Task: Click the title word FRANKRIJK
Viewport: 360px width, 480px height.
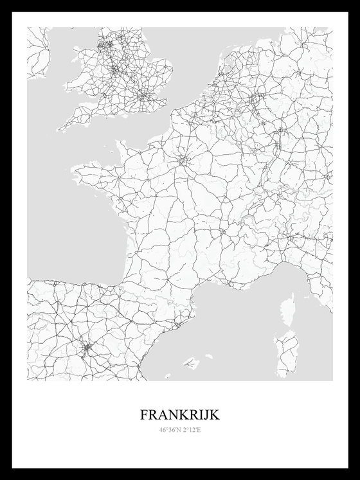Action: [179, 415]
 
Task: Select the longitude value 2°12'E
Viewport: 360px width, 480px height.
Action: [191, 430]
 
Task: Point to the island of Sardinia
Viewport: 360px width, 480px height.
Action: [286, 353]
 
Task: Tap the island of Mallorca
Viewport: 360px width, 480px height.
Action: [190, 363]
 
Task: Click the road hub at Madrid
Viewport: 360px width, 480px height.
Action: [87, 350]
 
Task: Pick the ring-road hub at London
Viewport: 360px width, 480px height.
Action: [143, 97]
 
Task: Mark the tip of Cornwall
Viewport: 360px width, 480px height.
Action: [60, 128]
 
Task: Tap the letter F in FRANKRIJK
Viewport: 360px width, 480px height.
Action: [143, 415]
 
